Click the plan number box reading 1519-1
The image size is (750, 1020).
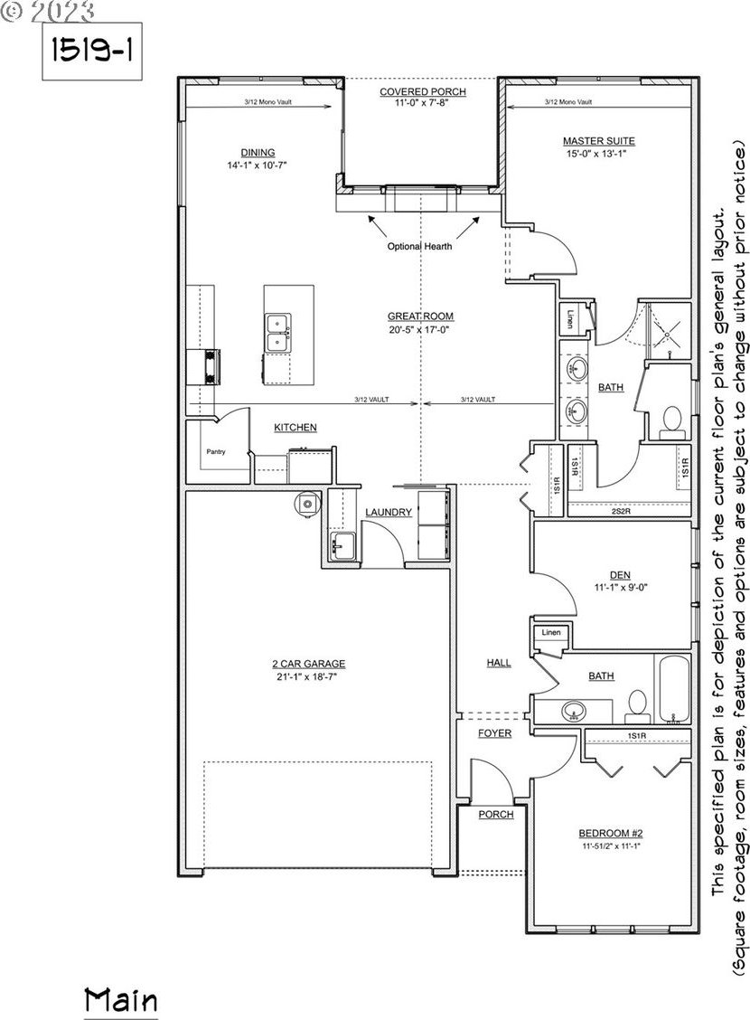pyautogui.click(x=92, y=52)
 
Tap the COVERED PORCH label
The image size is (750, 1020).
pyautogui.click(x=423, y=91)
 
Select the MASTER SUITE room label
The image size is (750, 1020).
pyautogui.click(x=598, y=140)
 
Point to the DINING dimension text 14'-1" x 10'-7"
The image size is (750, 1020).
pyautogui.click(x=257, y=165)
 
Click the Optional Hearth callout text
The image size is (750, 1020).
pyautogui.click(x=420, y=247)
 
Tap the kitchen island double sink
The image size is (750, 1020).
pyautogui.click(x=277, y=333)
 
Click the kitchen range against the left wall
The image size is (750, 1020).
pyautogui.click(x=211, y=367)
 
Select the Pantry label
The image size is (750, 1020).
pyautogui.click(x=216, y=451)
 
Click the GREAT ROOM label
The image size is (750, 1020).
pyautogui.click(x=420, y=316)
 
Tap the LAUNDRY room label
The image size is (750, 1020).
pyautogui.click(x=389, y=513)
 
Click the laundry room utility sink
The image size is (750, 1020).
pyautogui.click(x=342, y=545)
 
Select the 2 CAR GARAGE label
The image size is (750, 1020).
pyautogui.click(x=309, y=664)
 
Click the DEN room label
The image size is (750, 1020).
pyautogui.click(x=620, y=575)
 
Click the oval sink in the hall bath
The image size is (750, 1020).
pyautogui.click(x=573, y=711)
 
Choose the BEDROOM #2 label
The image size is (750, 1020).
pyautogui.click(x=610, y=834)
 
